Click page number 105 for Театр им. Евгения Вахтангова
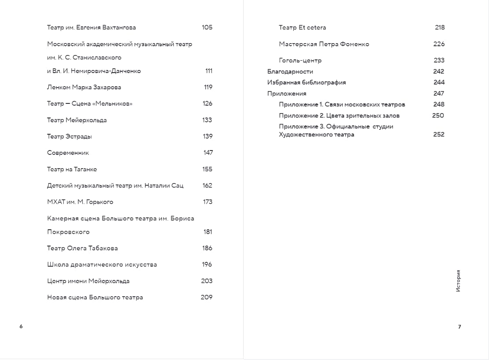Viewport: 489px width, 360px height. coord(207,27)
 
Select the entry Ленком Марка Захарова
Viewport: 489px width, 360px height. coord(84,87)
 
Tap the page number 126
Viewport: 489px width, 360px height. coord(207,103)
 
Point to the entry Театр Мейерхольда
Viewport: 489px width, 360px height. coord(77,120)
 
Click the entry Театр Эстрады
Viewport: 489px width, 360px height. coord(69,136)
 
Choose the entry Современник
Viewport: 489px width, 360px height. coord(68,153)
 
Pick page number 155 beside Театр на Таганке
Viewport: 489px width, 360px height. coord(207,169)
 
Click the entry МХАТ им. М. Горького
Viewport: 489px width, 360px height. coord(80,202)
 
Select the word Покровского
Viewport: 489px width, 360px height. coord(68,232)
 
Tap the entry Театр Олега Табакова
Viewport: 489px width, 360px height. coord(82,248)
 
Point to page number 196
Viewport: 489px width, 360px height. coord(207,264)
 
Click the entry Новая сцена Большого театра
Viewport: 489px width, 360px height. coord(95,298)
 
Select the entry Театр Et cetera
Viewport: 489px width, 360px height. coord(302,27)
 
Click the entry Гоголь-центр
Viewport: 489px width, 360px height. coord(300,60)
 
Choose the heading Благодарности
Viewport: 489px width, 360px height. coord(290,71)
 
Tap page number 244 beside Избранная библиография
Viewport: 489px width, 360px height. coord(439,82)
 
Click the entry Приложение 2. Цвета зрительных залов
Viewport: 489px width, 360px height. coord(339,116)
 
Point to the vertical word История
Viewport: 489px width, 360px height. coord(458,281)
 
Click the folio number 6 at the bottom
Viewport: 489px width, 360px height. coord(21,327)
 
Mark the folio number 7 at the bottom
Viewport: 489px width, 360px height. coord(460,327)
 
